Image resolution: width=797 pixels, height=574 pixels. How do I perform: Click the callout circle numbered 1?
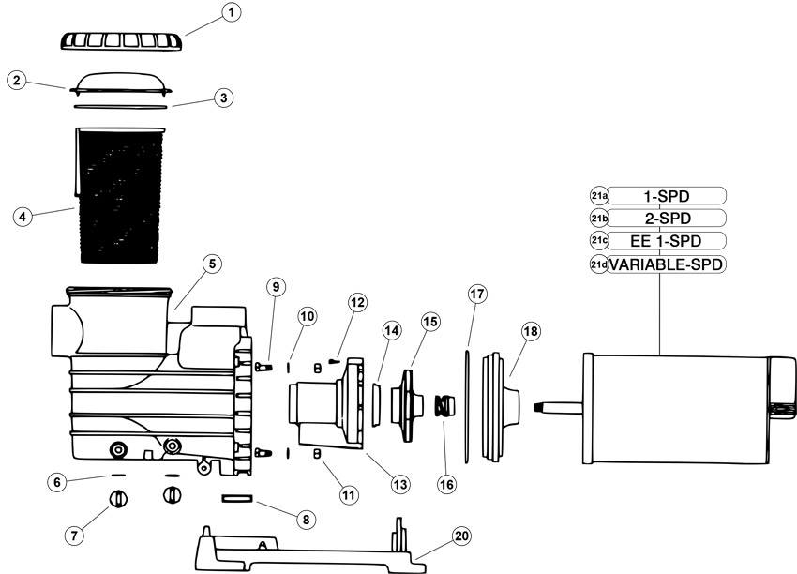[x=232, y=13]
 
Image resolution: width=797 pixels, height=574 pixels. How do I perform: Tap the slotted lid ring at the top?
[x=121, y=40]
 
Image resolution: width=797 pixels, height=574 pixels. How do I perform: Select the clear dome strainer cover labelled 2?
[x=120, y=83]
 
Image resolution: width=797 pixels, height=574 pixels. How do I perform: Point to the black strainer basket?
[x=119, y=195]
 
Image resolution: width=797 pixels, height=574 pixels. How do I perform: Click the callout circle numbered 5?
[x=212, y=264]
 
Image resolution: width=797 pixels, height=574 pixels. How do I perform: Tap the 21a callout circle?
[x=599, y=196]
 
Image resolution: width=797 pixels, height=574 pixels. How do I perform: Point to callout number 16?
[x=446, y=485]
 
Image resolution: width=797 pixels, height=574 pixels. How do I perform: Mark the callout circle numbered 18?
[x=530, y=332]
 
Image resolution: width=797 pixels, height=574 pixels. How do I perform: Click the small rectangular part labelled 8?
[x=237, y=499]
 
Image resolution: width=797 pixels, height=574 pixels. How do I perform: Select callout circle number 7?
[x=75, y=536]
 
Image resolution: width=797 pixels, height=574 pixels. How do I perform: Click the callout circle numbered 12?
[x=357, y=303]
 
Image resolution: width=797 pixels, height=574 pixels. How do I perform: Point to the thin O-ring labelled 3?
[x=120, y=107]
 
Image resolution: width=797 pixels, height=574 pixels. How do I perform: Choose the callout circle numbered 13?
[x=400, y=485]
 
